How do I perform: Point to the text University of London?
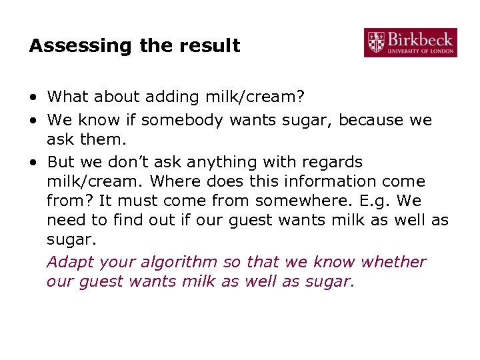[x=421, y=51]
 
